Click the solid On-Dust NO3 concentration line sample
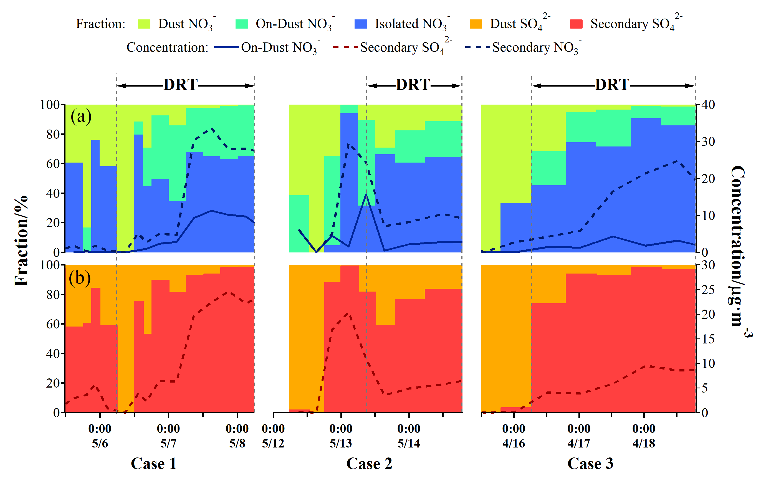[226, 48]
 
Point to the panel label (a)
[81, 116]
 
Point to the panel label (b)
[80, 278]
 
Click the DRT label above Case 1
[180, 85]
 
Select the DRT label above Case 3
[612, 85]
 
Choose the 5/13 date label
[341, 443]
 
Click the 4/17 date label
[579, 443]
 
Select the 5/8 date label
[237, 443]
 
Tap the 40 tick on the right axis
[708, 105]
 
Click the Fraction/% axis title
[21, 241]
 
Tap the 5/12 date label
[273, 443]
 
